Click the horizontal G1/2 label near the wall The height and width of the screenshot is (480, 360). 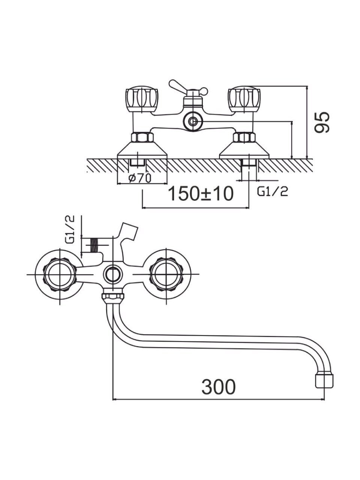click(x=273, y=192)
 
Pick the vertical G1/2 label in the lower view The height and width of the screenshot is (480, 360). click(x=70, y=229)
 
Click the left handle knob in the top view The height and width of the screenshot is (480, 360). click(x=142, y=99)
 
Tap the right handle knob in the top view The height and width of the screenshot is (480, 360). click(x=244, y=99)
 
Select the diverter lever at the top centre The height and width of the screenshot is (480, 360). click(x=188, y=87)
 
